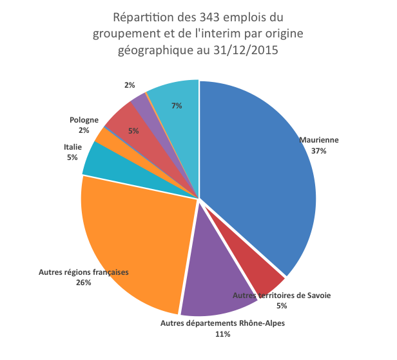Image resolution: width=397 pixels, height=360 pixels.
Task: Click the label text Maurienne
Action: click(318, 140)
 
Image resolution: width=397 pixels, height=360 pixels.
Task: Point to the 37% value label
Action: click(318, 150)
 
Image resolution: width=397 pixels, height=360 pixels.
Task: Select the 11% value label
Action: click(222, 334)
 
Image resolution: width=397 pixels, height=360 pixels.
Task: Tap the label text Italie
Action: click(72, 147)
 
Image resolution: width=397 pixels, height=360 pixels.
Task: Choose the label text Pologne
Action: click(84, 120)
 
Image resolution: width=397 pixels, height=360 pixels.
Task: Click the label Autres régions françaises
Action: click(84, 272)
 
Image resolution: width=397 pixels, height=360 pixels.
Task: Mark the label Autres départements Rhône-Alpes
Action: click(222, 323)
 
